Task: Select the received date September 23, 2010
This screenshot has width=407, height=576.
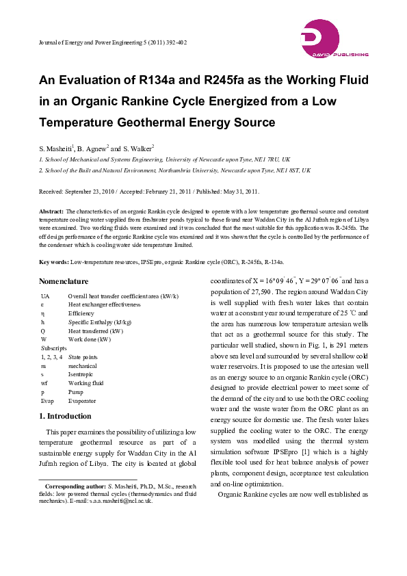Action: [95, 192]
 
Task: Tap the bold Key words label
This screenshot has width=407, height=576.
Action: [53, 262]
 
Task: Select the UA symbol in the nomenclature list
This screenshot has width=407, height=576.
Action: [45, 296]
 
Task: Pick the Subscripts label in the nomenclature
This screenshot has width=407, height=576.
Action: [53, 348]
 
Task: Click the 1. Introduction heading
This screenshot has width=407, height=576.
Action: [65, 416]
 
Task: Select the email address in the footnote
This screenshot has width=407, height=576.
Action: [116, 500]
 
